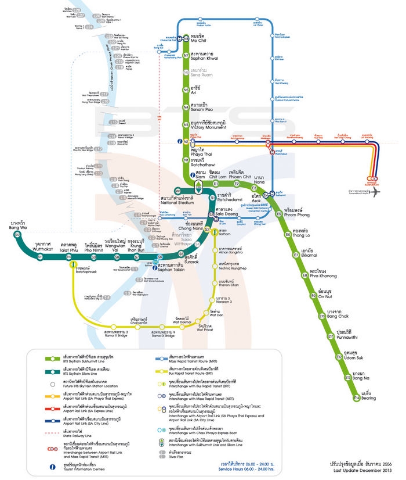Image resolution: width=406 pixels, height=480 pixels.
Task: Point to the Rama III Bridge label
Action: pos(115,334)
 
